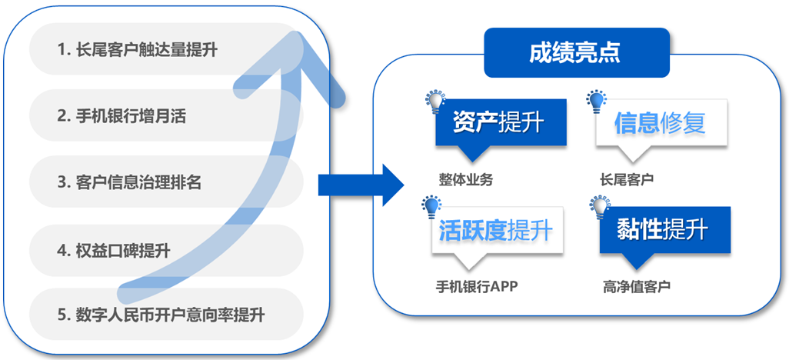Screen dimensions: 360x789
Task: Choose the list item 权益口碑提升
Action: pyautogui.click(x=114, y=249)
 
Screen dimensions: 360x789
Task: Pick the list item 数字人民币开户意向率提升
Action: pyautogui.click(x=161, y=315)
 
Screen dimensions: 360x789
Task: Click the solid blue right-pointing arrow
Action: pyautogui.click(x=360, y=184)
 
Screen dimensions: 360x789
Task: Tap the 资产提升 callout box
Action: pyautogui.click(x=501, y=123)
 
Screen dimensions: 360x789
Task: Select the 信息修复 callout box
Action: pyautogui.click(x=661, y=123)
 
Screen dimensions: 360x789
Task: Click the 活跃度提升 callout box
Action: pyautogui.click(x=497, y=231)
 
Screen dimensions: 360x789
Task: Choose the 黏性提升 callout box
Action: pyautogui.click(x=663, y=230)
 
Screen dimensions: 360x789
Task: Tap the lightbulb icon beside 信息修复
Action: pyautogui.click(x=597, y=101)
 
